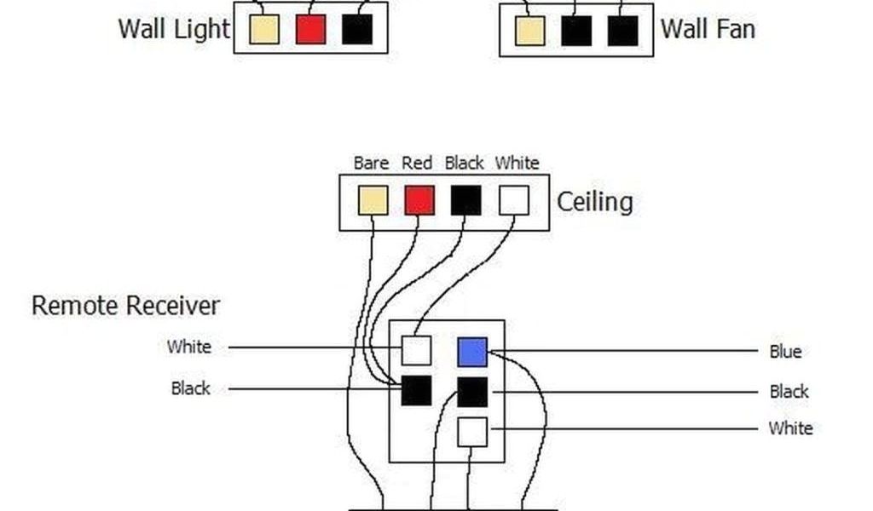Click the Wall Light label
[x=174, y=28]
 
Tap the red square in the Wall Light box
[x=310, y=29]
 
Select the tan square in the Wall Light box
[x=264, y=29]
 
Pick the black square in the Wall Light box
[x=356, y=29]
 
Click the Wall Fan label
[x=707, y=29]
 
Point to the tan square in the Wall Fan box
[x=529, y=31]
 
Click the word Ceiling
[x=594, y=202]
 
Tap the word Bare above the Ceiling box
[x=371, y=163]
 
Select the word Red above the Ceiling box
[x=418, y=163]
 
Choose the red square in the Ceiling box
[x=419, y=201]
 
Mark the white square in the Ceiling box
[x=513, y=201]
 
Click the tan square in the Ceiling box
[x=373, y=201]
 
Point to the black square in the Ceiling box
[x=465, y=201]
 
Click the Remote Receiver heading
[x=125, y=306]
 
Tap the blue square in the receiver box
[x=472, y=352]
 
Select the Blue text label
[x=784, y=352]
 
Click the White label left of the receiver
[x=188, y=347]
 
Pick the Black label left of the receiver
[x=190, y=388]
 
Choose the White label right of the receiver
[x=790, y=428]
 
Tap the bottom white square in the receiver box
[x=472, y=432]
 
